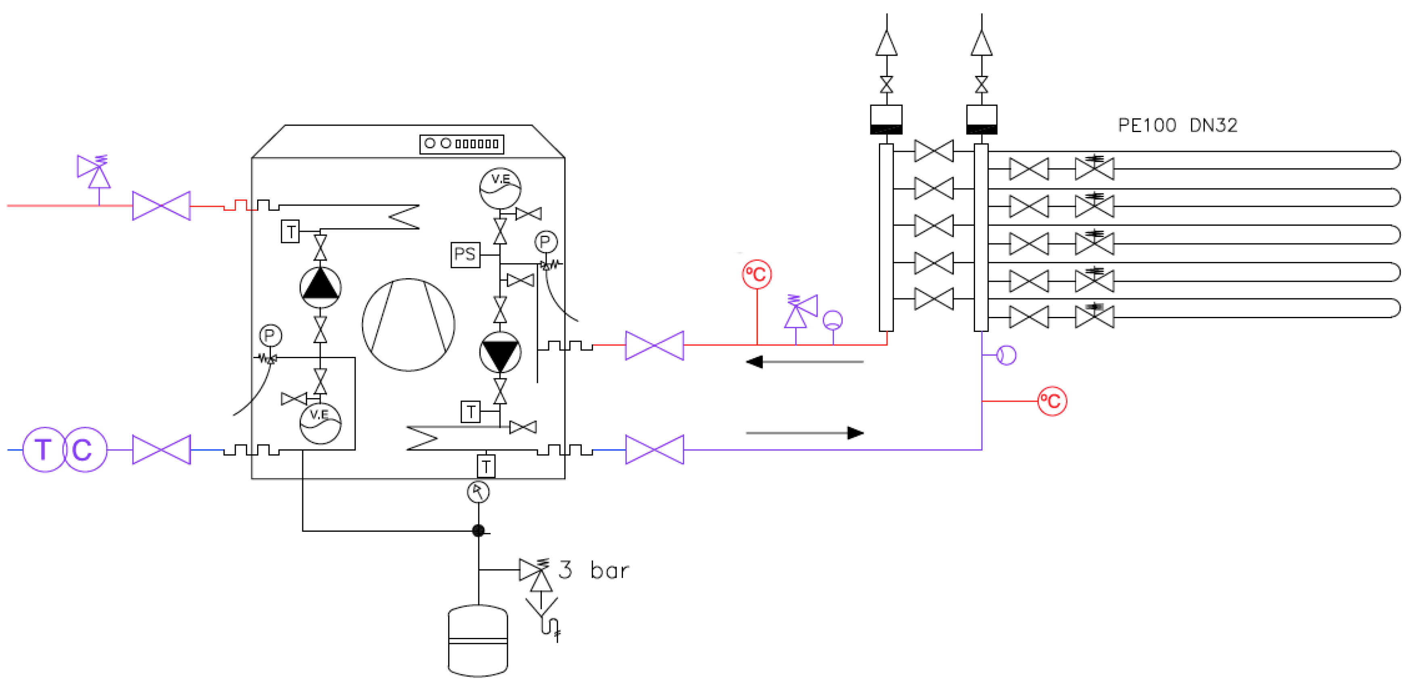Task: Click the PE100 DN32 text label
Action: [x=1177, y=126]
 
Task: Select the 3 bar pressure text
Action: [x=594, y=571]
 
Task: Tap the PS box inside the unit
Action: [x=465, y=254]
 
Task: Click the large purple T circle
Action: [x=44, y=449]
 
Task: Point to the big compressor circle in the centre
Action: [x=408, y=324]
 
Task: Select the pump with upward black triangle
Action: [x=321, y=287]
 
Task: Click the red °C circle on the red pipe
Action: [x=757, y=274]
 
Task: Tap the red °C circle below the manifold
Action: [x=1052, y=401]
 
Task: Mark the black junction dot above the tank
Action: [x=478, y=531]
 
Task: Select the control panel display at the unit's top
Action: [x=461, y=144]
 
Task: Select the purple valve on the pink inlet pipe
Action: [x=161, y=206]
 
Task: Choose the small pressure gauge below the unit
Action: [x=478, y=492]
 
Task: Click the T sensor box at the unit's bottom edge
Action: [x=486, y=466]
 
